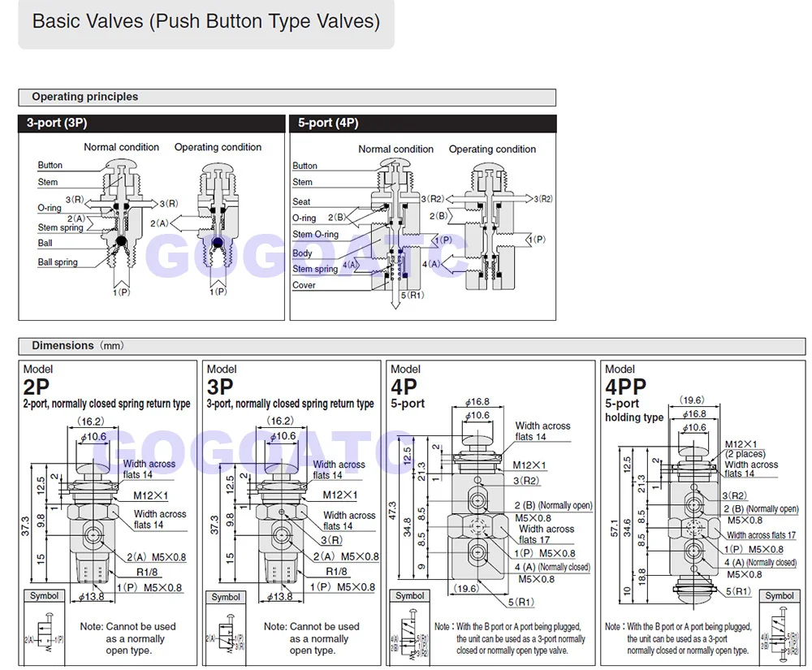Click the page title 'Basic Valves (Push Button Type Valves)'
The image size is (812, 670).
(205, 21)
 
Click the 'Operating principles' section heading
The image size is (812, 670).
(84, 97)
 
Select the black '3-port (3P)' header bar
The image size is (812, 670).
(152, 123)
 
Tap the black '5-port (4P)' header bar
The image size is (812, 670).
(422, 123)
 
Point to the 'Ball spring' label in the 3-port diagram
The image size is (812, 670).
(58, 262)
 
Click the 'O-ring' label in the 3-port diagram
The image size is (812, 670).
(49, 208)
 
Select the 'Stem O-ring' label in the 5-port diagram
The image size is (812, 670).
(315, 235)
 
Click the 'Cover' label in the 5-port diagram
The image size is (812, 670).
(304, 285)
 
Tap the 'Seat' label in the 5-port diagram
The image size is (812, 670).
(301, 201)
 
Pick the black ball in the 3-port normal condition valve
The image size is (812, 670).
(120, 241)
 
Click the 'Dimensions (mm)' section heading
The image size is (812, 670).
(78, 345)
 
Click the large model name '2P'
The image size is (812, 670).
(37, 387)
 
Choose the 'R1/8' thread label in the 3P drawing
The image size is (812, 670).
(337, 572)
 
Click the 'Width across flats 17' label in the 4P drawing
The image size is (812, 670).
(546, 534)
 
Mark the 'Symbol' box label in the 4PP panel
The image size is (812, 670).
(779, 595)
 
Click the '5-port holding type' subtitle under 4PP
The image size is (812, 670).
(634, 410)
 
